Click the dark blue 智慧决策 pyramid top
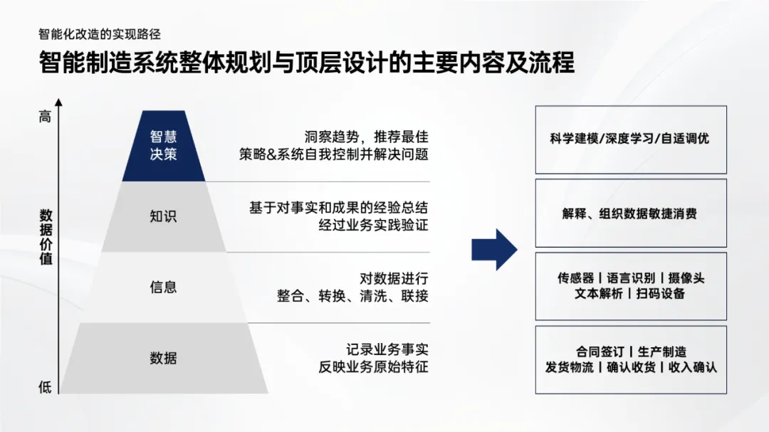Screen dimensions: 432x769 click(x=163, y=145)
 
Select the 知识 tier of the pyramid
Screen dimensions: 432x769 click(x=163, y=216)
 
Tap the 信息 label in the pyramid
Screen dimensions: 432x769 click(x=163, y=287)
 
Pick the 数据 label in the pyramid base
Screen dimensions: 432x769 click(x=163, y=358)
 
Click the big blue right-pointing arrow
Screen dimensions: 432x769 click(x=494, y=250)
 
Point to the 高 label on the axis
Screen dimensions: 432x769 click(x=45, y=117)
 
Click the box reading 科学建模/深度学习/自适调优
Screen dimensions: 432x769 click(x=630, y=139)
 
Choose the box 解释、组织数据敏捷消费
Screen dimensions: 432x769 click(x=630, y=214)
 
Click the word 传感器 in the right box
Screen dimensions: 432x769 click(x=576, y=278)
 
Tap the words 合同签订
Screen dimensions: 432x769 click(x=600, y=352)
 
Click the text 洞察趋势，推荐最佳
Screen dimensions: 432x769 click(x=366, y=137)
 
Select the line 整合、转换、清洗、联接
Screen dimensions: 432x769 click(x=352, y=295)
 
